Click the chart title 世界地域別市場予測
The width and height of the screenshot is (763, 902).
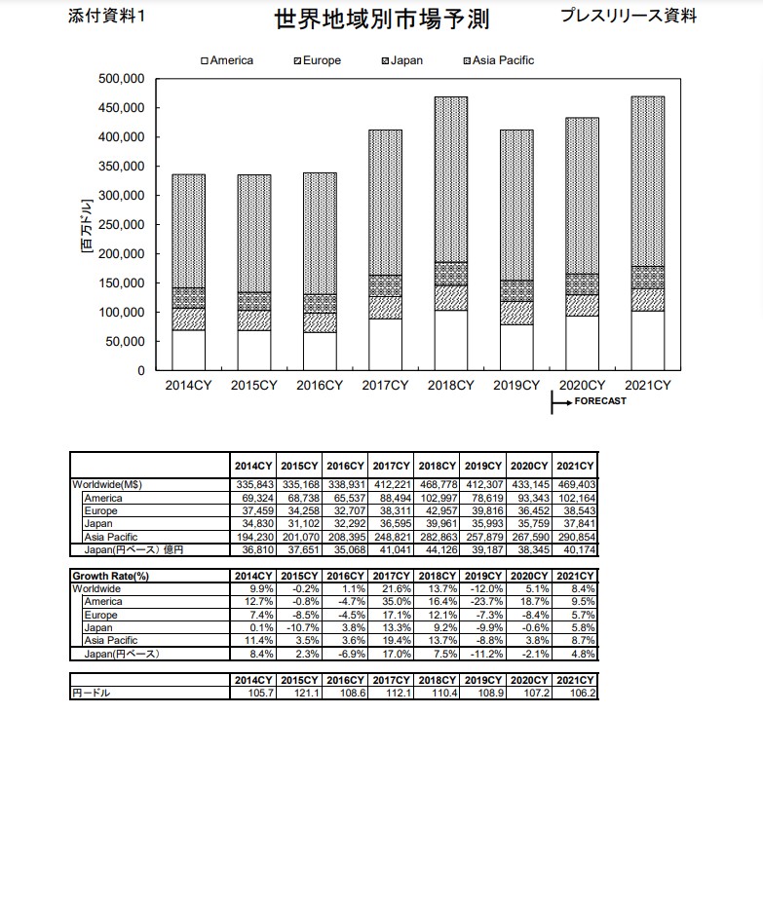(381, 19)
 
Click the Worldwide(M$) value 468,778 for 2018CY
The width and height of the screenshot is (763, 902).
(438, 485)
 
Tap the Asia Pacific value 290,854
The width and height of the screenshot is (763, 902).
(576, 537)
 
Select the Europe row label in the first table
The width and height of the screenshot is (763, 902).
(100, 511)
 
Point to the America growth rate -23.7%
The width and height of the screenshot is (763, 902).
(485, 602)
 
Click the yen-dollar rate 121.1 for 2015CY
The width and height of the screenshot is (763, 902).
(301, 694)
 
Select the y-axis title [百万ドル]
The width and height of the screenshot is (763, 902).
(86, 225)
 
